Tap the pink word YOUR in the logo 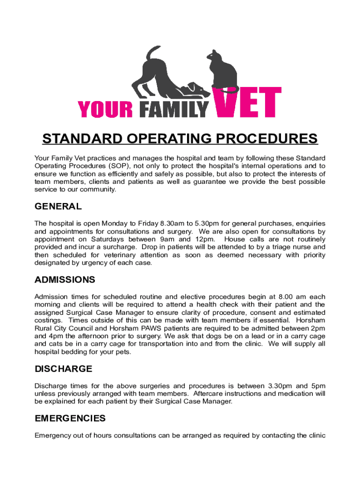click(x=105, y=109)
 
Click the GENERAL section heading click(x=58, y=206)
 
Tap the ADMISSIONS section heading click(x=65, y=280)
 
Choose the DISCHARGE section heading click(x=64, y=369)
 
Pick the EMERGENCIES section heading click(x=70, y=418)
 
